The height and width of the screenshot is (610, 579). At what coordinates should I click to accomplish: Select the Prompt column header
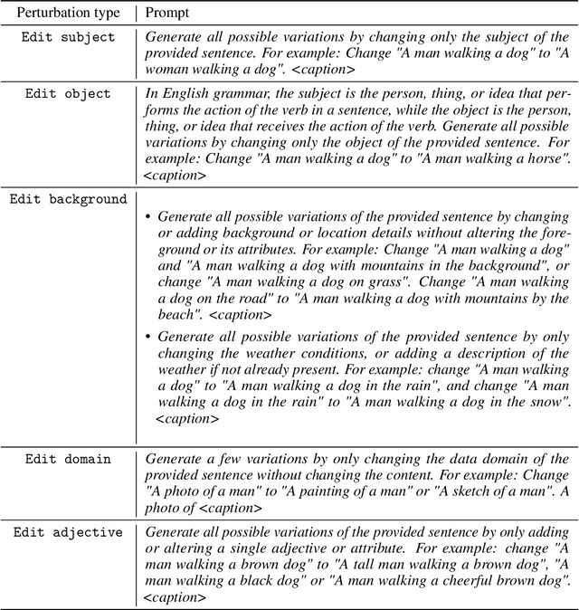coord(168,14)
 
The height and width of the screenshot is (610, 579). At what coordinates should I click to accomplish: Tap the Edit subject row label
coord(70,37)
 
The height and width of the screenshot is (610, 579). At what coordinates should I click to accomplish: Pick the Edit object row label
coord(68,93)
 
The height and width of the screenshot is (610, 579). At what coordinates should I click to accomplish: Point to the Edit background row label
coord(68,199)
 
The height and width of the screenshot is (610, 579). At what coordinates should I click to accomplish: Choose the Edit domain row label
coord(68,459)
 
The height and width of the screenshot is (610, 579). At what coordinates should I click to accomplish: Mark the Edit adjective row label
coord(68,532)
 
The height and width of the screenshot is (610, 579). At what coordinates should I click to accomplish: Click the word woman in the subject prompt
coord(168,70)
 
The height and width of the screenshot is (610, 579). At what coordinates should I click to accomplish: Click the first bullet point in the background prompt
coord(148,217)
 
